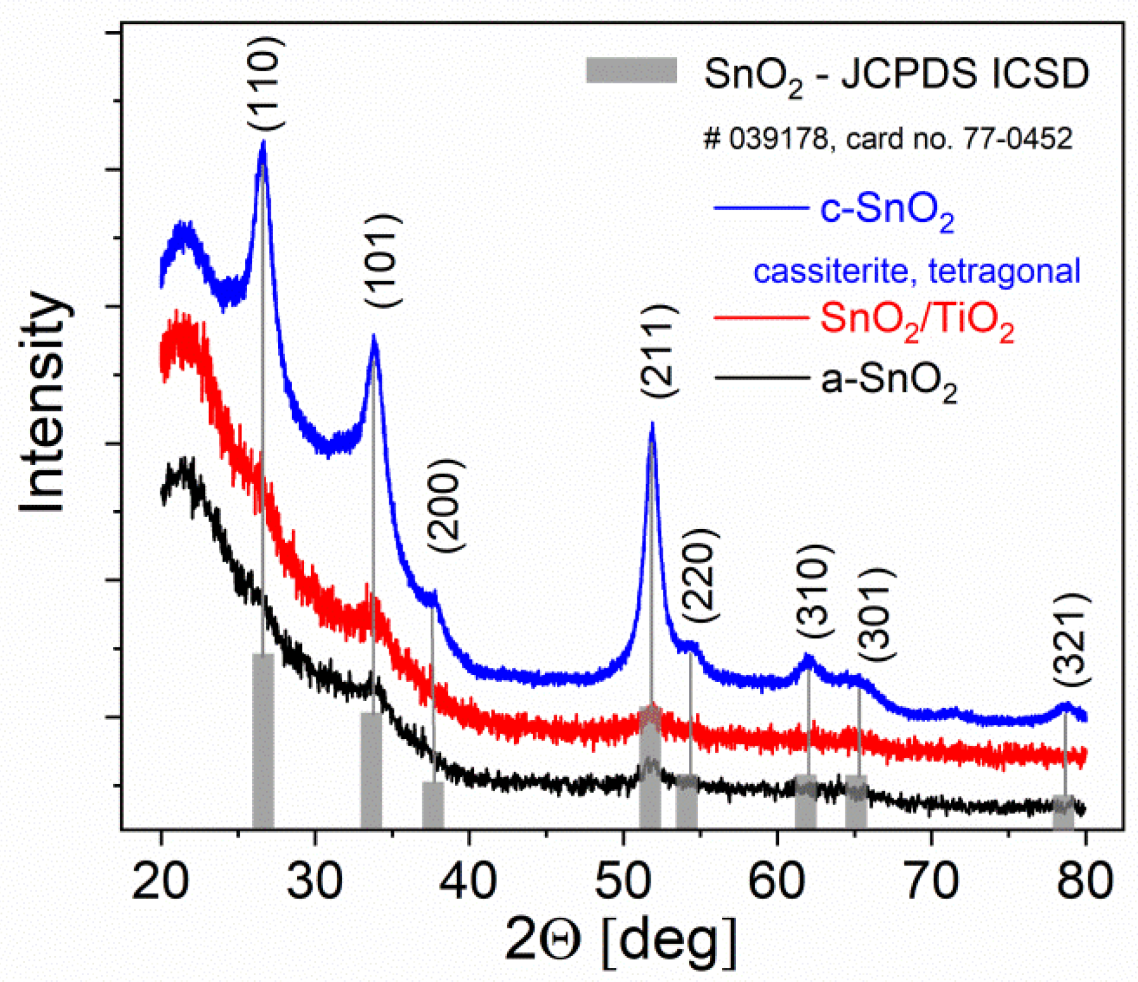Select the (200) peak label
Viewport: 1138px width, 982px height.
pos(446,506)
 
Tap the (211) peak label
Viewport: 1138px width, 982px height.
pos(659,351)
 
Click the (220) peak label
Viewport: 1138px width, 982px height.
pos(700,576)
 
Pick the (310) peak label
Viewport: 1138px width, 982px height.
pos(814,591)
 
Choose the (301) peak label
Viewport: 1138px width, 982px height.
pos(877,615)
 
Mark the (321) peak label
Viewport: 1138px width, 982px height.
pos(1072,639)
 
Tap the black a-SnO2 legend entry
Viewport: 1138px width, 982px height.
pos(836,380)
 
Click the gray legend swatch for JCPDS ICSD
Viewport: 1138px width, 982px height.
pos(631,71)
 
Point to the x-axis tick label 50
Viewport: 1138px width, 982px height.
pos(623,881)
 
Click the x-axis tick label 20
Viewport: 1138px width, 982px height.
pos(160,881)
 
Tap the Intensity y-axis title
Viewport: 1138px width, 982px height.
pos(43,402)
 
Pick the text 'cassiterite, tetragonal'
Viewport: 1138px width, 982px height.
pos(917,272)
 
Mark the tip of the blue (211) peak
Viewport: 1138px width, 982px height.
pos(651,423)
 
